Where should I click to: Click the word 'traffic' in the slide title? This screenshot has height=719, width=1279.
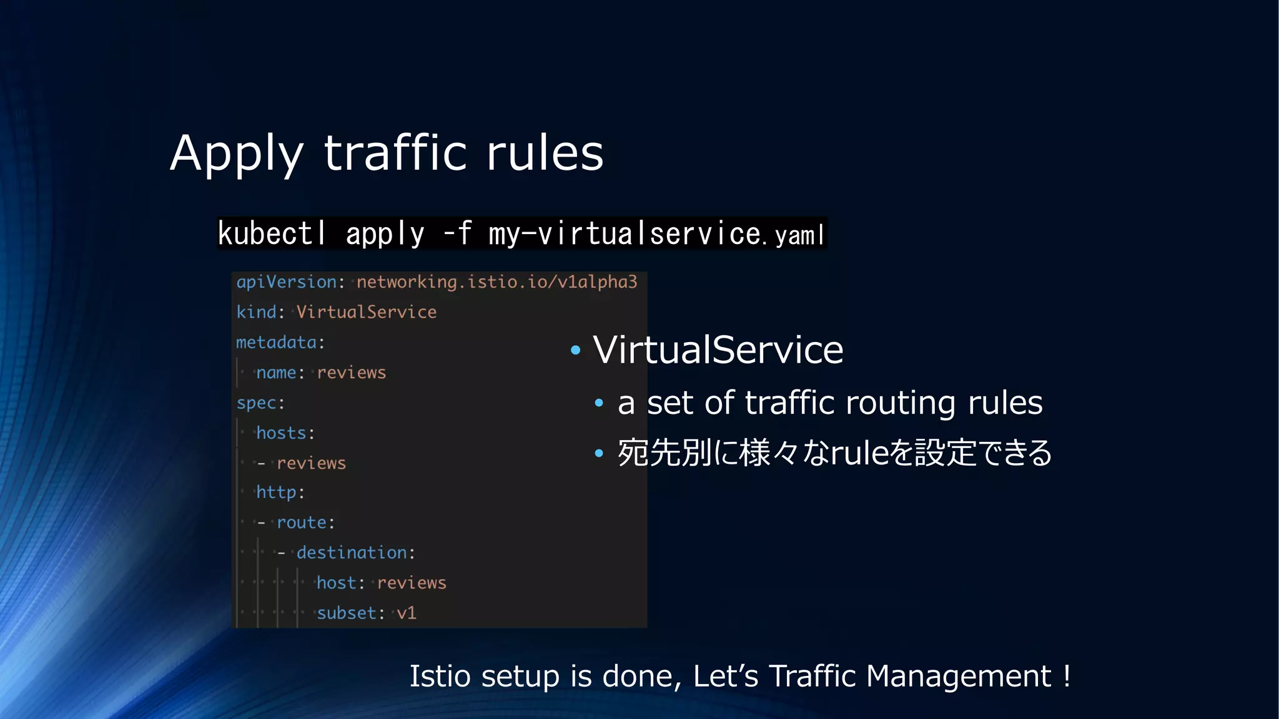coord(395,153)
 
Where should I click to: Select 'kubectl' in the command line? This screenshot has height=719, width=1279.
coord(272,234)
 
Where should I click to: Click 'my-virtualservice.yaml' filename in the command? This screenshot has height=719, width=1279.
coord(656,234)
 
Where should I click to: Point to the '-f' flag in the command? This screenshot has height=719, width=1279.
coord(457,234)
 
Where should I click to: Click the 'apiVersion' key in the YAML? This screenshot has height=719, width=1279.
coord(287,282)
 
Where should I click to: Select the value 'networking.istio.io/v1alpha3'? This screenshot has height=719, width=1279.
coord(496,282)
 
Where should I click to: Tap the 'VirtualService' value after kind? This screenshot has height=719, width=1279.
coord(366,312)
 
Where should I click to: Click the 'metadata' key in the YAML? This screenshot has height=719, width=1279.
coord(277,343)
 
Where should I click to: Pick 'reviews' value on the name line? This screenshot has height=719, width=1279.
coord(351,373)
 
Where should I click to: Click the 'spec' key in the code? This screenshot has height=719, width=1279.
coord(257,403)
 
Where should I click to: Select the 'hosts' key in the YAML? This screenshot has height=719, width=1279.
coord(282,433)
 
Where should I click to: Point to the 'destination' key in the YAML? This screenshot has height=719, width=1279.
coord(352,553)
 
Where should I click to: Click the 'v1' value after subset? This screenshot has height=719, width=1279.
coord(407,613)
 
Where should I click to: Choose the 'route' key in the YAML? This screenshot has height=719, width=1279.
coord(302,522)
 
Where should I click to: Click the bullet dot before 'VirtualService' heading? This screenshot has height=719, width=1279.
coord(576,350)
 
